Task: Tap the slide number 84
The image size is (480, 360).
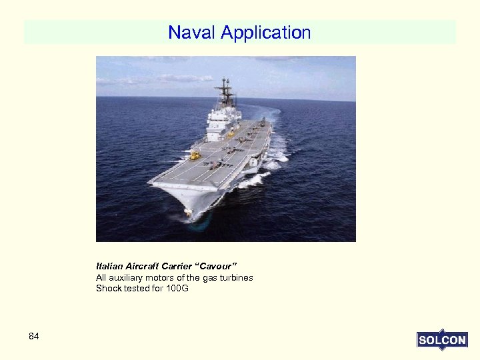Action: [x=34, y=336]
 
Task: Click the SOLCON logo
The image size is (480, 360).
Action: [x=441, y=340]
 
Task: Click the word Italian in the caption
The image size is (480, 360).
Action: [x=109, y=267]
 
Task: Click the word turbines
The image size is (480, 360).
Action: [x=237, y=277]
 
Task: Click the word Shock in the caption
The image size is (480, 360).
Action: [x=107, y=288]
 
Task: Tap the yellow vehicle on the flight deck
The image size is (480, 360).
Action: [x=195, y=156]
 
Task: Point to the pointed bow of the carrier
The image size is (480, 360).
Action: [x=189, y=211]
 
